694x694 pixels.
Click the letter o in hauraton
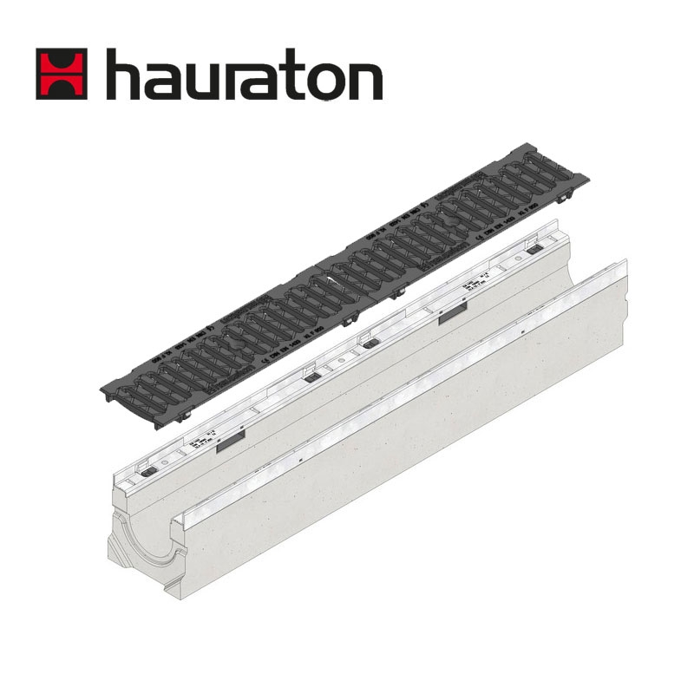pyautogui.click(x=322, y=81)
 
